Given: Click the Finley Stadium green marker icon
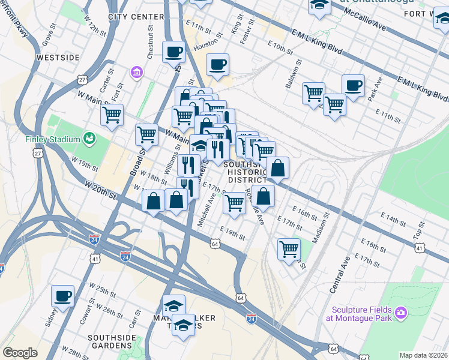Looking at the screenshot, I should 90,139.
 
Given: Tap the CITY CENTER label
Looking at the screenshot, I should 136,17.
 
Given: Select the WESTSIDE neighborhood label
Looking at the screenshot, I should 58,58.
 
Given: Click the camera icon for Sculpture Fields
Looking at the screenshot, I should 401,313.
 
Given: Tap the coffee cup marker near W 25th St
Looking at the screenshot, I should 62,296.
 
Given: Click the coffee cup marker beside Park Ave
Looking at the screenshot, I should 353,85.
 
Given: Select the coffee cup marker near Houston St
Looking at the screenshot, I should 217,64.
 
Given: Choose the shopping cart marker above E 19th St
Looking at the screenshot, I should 234,203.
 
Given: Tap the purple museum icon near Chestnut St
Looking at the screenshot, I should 137,73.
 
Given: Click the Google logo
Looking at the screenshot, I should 20,353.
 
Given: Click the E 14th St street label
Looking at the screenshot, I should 393,218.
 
